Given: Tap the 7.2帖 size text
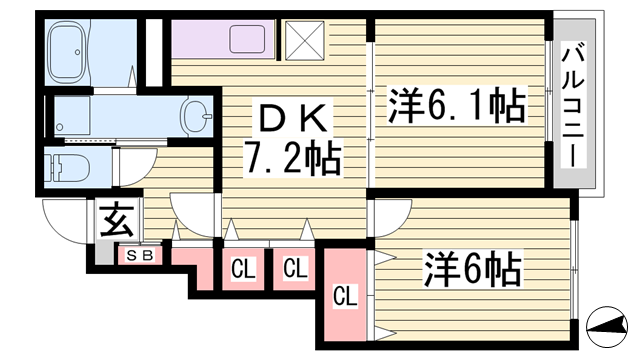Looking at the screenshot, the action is click(293, 157).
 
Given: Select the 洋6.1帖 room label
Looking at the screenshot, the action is click(455, 105).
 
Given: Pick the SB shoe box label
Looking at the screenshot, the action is click(140, 255).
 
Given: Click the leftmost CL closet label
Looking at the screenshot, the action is click(243, 268).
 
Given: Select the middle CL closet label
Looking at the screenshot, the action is click(294, 268).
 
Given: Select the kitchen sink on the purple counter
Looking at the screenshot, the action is click(246, 40).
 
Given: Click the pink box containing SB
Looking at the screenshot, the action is click(140, 255).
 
